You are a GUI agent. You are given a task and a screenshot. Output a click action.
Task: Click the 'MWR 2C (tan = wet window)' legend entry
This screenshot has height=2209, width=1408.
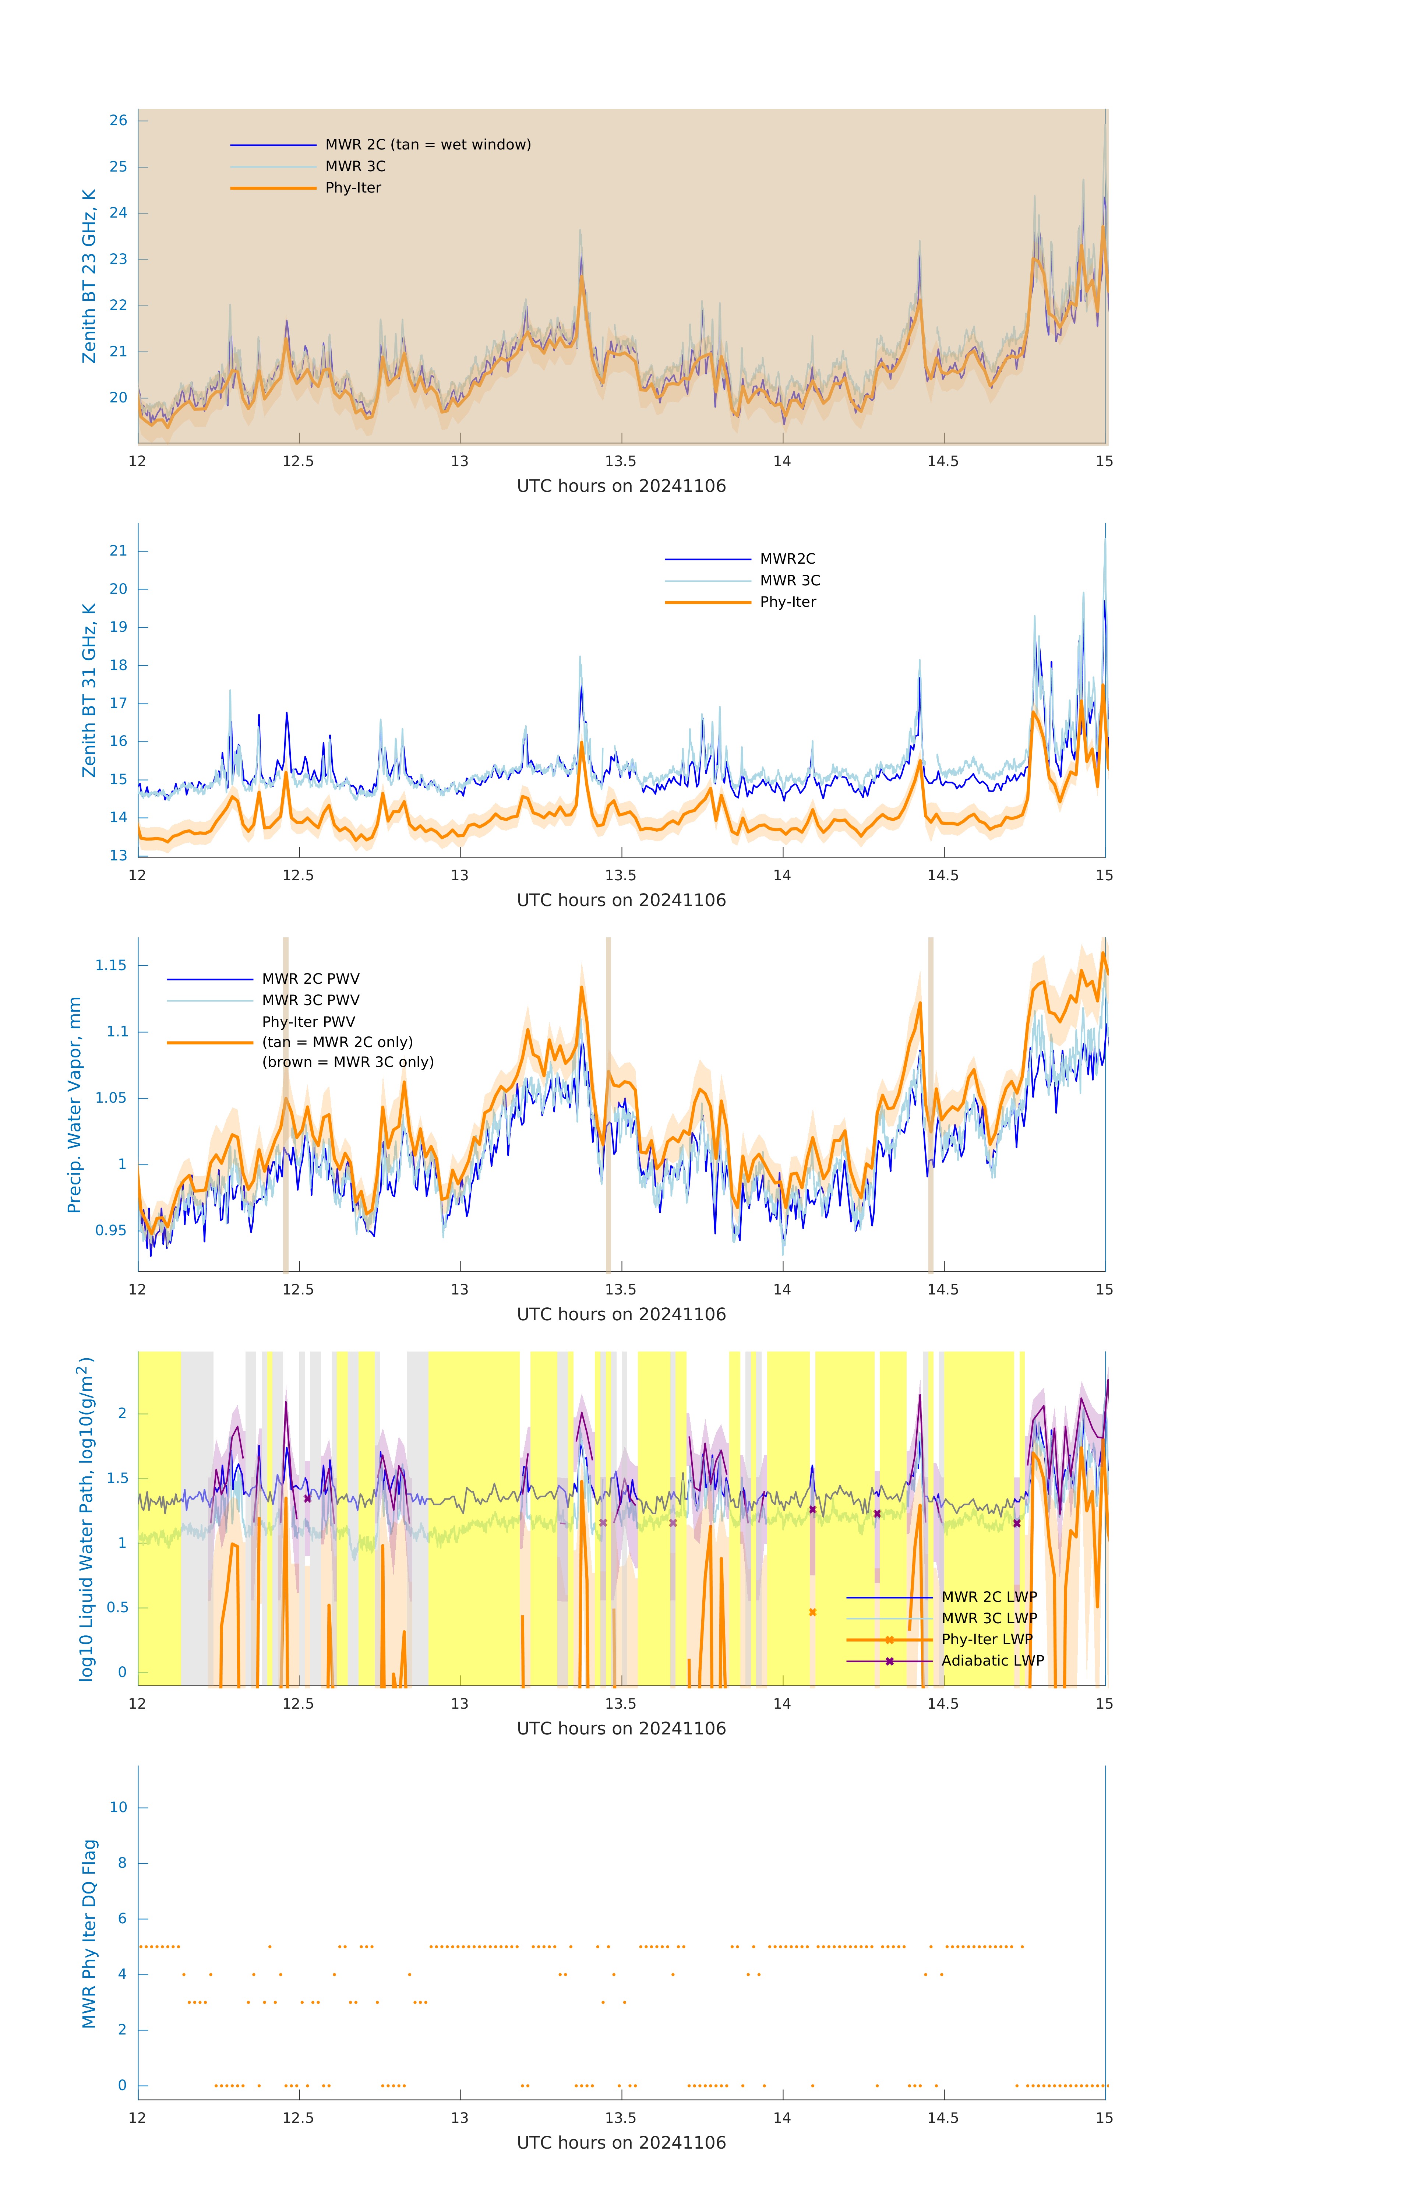(x=427, y=145)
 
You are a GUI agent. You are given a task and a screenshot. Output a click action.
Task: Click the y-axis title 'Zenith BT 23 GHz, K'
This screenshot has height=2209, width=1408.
(x=89, y=276)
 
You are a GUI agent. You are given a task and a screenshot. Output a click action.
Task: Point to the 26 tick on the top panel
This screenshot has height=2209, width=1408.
(x=118, y=120)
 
